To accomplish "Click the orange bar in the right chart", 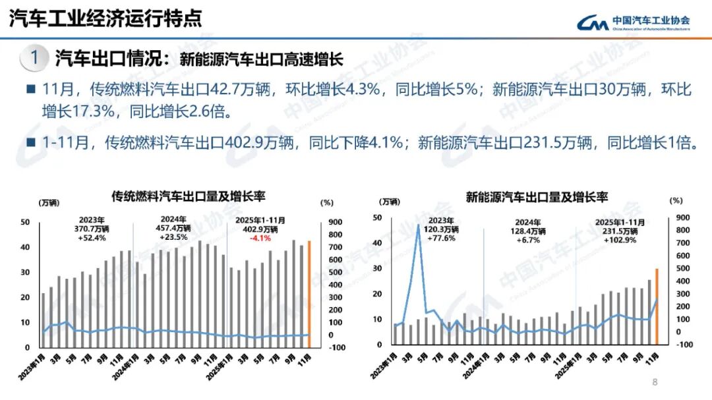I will (657, 306).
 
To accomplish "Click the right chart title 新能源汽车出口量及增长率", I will (537, 196).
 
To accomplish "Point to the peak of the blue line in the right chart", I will (418, 226).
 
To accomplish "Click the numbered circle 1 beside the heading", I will (34, 58).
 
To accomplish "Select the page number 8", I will (655, 382).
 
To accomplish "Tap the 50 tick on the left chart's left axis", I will (25, 223).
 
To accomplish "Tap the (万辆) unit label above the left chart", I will (49, 202).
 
